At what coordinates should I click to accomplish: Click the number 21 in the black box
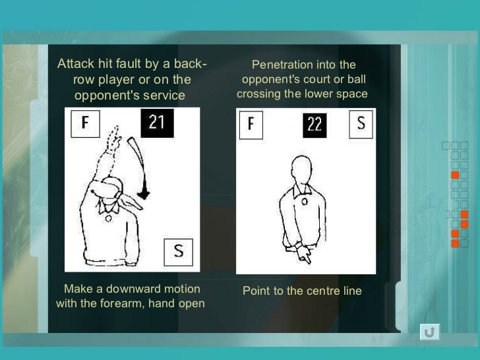[157, 123]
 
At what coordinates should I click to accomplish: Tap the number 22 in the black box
[315, 124]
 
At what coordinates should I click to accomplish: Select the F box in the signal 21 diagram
[85, 123]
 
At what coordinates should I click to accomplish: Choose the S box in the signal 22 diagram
[361, 123]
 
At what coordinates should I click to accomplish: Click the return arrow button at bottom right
[430, 332]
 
